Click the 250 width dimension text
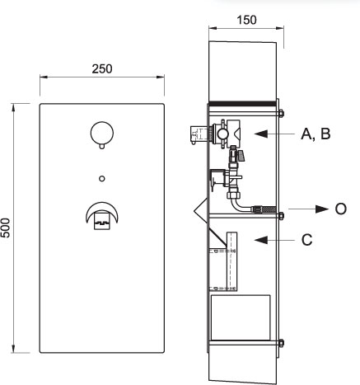[102, 69]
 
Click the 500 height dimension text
[6, 228]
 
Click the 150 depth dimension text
[246, 20]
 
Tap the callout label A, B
[316, 134]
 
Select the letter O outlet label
[340, 209]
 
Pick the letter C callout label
[306, 240]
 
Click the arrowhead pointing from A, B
[261, 134]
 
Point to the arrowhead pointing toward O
[322, 209]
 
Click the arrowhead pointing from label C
[261, 240]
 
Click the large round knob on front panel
[102, 134]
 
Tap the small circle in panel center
[102, 179]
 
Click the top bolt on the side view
[281, 113]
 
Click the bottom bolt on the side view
[281, 343]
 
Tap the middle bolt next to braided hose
[281, 216]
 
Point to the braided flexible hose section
[264, 209]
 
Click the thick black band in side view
[242, 103]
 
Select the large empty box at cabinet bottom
[241, 318]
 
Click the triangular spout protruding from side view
[201, 210]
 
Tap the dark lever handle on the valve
[241, 156]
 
